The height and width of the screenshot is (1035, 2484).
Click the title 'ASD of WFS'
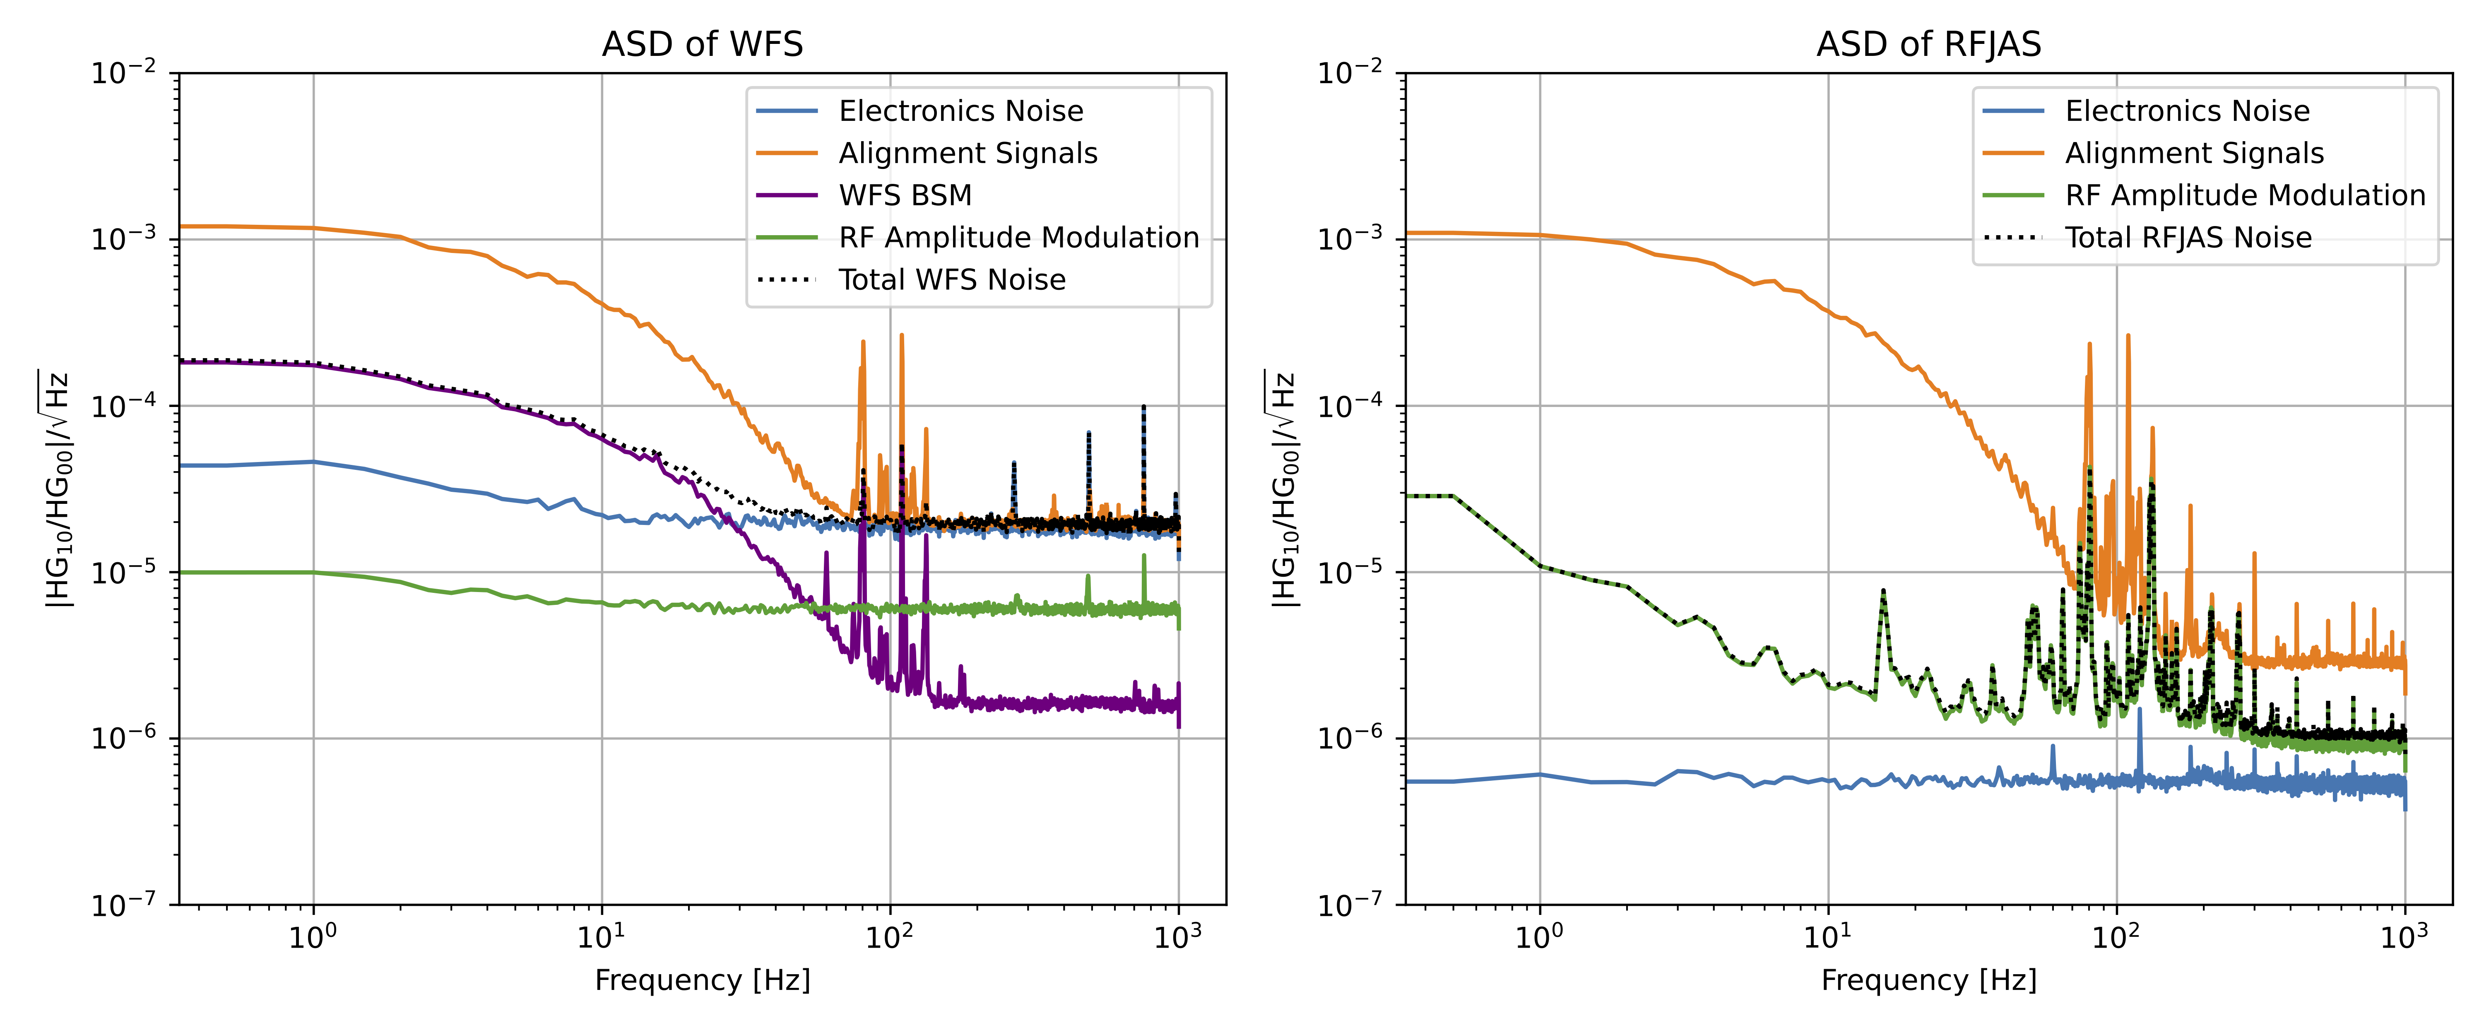pyautogui.click(x=702, y=44)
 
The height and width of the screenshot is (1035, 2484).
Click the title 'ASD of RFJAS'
pyautogui.click(x=1928, y=44)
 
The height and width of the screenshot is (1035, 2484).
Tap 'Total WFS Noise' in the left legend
pyautogui.click(x=952, y=280)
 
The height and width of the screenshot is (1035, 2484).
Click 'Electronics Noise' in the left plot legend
pyautogui.click(x=960, y=111)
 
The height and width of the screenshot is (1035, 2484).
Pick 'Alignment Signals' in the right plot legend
pyautogui.click(x=2194, y=153)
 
